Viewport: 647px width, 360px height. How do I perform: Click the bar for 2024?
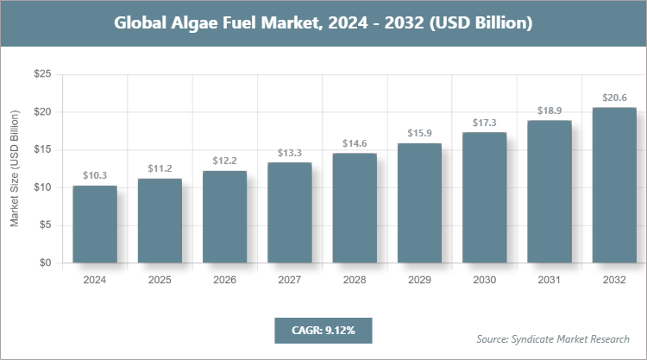[x=95, y=224]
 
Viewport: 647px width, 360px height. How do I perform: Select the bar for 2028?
[x=355, y=208]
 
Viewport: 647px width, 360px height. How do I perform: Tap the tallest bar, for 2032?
[x=614, y=186]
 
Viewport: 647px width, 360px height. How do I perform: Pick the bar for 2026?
[x=224, y=217]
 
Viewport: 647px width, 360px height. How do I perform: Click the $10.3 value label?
[x=95, y=175]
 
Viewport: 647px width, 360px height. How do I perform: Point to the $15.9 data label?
[x=419, y=133]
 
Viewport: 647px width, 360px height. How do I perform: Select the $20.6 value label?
[x=614, y=98]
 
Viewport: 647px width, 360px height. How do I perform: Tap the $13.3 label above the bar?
[x=290, y=153]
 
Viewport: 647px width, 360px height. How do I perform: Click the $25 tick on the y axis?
[x=41, y=75]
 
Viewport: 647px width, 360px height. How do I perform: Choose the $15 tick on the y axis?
[x=41, y=150]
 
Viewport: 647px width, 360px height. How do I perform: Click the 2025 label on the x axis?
[x=160, y=281]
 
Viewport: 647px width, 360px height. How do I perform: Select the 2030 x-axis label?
[x=484, y=281]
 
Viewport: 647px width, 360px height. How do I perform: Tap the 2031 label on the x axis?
[x=550, y=281]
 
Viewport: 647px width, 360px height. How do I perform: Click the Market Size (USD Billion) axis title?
[x=15, y=169]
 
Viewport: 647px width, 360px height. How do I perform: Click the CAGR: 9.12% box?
[x=323, y=331]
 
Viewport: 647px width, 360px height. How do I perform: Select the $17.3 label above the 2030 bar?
[x=484, y=123]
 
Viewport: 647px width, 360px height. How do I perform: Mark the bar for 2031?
[x=550, y=192]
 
